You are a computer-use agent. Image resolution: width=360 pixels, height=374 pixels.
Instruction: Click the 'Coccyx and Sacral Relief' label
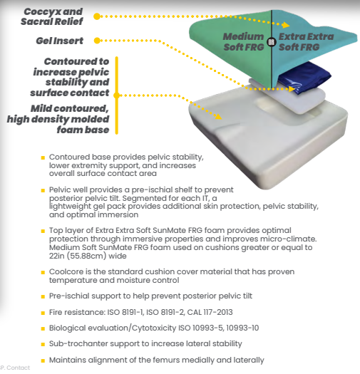coord(52,16)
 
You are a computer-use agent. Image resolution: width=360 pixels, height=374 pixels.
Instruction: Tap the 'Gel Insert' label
coord(60,41)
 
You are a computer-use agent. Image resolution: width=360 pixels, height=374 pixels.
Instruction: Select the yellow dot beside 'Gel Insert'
coord(97,41)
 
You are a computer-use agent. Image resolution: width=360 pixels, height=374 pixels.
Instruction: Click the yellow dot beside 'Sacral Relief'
coord(97,16)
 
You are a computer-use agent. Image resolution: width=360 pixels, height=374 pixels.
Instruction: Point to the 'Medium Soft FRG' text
coord(244,42)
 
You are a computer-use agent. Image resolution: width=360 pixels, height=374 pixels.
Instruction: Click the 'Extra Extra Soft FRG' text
coord(306,42)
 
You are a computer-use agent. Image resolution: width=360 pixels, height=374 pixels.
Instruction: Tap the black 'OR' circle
coord(272,42)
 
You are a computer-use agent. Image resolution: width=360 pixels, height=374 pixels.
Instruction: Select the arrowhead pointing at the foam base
coord(218,116)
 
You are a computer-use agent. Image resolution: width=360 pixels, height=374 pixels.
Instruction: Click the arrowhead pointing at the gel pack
coord(292,89)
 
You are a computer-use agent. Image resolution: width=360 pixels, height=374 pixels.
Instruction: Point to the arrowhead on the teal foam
coord(286,25)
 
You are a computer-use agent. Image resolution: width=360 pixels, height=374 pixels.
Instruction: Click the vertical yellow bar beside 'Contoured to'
coord(117,95)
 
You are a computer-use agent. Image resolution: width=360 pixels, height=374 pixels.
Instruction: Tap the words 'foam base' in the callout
coord(83,130)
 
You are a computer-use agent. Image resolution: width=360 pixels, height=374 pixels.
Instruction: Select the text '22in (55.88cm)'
coord(78,256)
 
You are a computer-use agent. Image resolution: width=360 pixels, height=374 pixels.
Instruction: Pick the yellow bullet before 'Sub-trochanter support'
coord(43,344)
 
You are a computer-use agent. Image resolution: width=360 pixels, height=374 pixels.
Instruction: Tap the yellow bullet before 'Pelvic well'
coord(43,190)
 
